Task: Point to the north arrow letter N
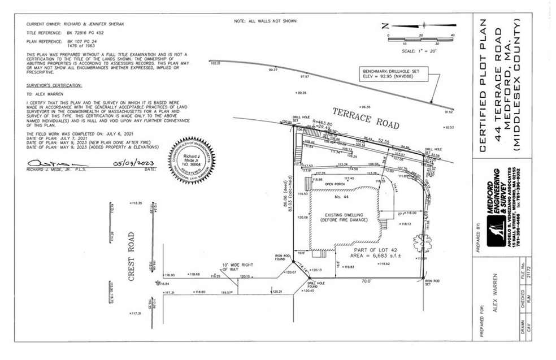click(x=385, y=25)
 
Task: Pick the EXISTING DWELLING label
click(x=344, y=218)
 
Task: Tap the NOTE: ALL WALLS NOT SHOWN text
click(x=265, y=21)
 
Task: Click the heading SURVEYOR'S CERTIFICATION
click(x=54, y=85)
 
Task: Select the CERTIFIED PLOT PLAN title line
click(x=484, y=85)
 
